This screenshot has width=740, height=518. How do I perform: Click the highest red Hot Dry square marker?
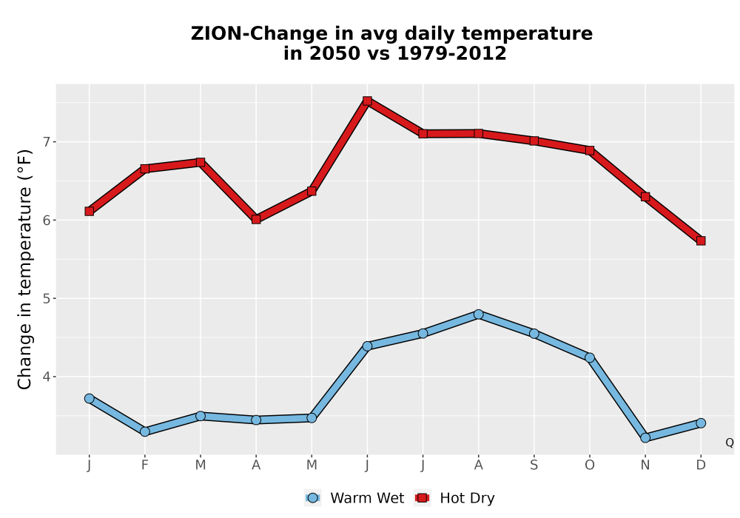pyautogui.click(x=367, y=101)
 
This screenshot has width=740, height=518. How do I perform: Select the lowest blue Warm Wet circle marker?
pyautogui.click(x=645, y=438)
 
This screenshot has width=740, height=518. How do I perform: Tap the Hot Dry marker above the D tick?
pyautogui.click(x=701, y=241)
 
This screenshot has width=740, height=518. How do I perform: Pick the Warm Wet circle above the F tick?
pyautogui.click(x=145, y=431)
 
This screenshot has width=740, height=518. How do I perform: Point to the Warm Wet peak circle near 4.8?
pyautogui.click(x=479, y=314)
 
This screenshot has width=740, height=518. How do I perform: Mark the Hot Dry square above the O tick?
pyautogui.click(x=590, y=150)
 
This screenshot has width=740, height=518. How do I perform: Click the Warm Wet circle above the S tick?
pyautogui.click(x=534, y=334)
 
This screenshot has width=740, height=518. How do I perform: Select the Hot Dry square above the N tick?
pyautogui.click(x=645, y=197)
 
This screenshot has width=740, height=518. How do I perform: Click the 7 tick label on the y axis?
pyautogui.click(x=46, y=142)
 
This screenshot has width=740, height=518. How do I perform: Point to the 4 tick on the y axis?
pyautogui.click(x=46, y=377)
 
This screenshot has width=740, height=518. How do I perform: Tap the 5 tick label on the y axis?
pyautogui.click(x=46, y=299)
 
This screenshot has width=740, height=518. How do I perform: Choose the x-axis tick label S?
pyautogui.click(x=534, y=465)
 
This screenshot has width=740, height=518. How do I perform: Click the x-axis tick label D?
pyautogui.click(x=701, y=465)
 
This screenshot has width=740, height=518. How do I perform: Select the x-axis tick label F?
pyautogui.click(x=145, y=465)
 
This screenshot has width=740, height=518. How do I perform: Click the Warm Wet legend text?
pyautogui.click(x=367, y=498)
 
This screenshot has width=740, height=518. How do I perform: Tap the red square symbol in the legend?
pyautogui.click(x=423, y=498)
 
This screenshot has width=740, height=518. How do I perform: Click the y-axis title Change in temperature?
pyautogui.click(x=24, y=269)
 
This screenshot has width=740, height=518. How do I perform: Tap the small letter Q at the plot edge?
pyautogui.click(x=730, y=443)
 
